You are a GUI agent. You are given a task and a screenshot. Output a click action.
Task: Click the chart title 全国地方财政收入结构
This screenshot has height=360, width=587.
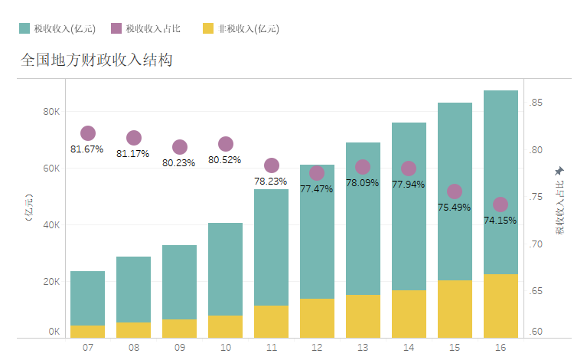click(96, 60)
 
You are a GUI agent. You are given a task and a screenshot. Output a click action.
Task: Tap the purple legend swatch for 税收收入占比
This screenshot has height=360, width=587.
click(116, 28)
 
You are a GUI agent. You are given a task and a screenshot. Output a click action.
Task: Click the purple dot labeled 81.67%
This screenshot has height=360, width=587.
click(88, 133)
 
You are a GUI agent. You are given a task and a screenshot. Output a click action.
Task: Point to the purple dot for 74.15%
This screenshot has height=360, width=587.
click(501, 205)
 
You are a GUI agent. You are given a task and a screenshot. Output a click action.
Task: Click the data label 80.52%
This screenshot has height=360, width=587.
click(224, 160)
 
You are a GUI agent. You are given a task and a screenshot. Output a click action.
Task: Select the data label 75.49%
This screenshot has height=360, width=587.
click(454, 208)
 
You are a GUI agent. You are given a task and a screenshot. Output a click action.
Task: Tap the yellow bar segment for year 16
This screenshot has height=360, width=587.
click(501, 306)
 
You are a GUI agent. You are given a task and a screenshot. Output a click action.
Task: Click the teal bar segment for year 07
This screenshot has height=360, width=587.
click(88, 298)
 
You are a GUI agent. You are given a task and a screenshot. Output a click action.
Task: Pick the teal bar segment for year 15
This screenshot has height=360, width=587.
click(455, 191)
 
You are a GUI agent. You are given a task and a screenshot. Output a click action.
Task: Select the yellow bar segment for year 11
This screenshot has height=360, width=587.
click(271, 322)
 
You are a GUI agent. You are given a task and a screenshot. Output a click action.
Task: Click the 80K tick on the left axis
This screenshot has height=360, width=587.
click(51, 112)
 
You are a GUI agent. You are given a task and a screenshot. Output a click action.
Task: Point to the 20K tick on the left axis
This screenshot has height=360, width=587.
click(51, 282)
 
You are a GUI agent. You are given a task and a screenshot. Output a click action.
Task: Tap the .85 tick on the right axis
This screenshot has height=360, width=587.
click(536, 103)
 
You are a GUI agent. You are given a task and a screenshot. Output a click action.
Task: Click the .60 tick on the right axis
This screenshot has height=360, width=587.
click(536, 332)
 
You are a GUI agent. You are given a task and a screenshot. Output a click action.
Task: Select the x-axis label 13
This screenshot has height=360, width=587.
click(363, 348)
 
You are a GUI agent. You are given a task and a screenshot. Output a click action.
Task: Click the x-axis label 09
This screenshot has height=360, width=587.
click(179, 348)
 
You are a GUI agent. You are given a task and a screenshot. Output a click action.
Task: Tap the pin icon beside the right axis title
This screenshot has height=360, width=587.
click(559, 170)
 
